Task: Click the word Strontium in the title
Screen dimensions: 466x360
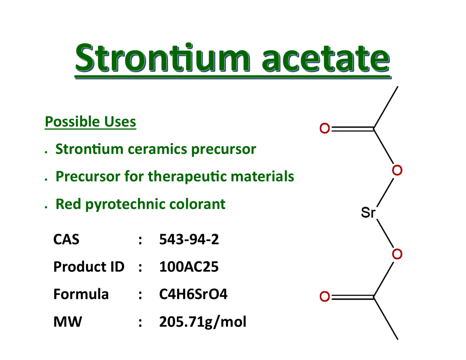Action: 162,57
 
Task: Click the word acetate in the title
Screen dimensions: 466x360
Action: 326,59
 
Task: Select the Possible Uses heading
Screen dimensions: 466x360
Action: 90,121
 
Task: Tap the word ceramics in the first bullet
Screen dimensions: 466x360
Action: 157,149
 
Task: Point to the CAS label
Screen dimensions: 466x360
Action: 66,239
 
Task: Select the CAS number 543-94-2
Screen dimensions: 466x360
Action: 189,239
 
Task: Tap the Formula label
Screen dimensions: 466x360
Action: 81,294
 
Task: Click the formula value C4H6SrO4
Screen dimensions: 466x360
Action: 193,294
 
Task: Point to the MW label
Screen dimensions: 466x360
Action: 68,322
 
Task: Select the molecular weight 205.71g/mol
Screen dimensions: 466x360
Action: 203,322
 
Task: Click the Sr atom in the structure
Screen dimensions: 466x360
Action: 368,213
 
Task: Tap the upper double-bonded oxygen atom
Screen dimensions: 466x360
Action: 324,128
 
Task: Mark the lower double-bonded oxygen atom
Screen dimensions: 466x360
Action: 324,297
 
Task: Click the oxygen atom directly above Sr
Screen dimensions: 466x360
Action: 397,170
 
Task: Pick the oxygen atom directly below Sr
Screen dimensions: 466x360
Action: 397,254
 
